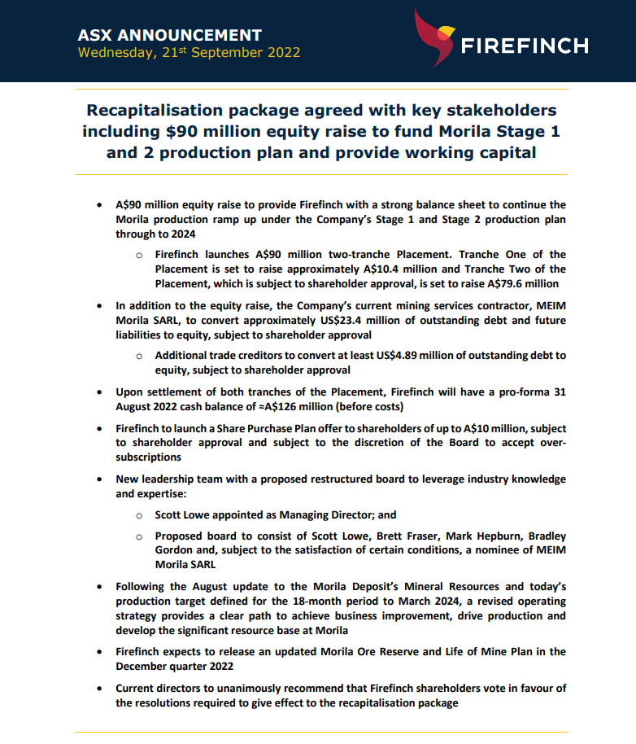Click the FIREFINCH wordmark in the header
[x=525, y=46]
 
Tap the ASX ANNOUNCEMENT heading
[x=169, y=35]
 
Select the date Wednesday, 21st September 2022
[x=189, y=53]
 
